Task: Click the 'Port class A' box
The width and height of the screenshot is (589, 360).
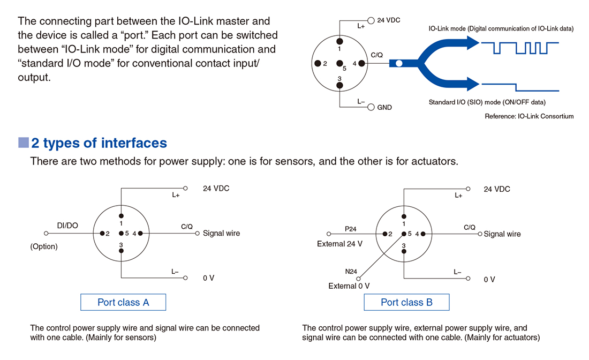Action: (123, 302)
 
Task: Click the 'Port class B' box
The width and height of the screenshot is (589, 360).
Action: (406, 302)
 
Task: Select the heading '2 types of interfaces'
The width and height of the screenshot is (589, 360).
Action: (99, 143)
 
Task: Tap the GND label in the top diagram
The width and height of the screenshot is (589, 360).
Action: (384, 107)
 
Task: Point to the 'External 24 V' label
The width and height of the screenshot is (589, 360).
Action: (340, 244)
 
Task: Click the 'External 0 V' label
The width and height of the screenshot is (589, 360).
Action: (349, 286)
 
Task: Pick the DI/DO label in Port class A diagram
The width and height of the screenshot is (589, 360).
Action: (67, 226)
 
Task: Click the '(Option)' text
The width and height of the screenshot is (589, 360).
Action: (44, 247)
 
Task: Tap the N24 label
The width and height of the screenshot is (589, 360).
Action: (351, 272)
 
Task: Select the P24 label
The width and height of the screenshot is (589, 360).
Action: (351, 229)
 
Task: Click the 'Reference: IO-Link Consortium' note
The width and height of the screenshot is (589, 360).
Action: (529, 116)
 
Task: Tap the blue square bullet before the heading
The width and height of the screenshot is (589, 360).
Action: (23, 142)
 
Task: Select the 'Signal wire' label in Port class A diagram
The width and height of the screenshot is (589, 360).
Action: (222, 233)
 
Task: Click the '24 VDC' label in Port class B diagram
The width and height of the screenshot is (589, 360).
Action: (497, 189)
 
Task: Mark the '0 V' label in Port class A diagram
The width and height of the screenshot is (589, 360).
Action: (209, 278)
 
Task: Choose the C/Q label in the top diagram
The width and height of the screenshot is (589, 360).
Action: (376, 55)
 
